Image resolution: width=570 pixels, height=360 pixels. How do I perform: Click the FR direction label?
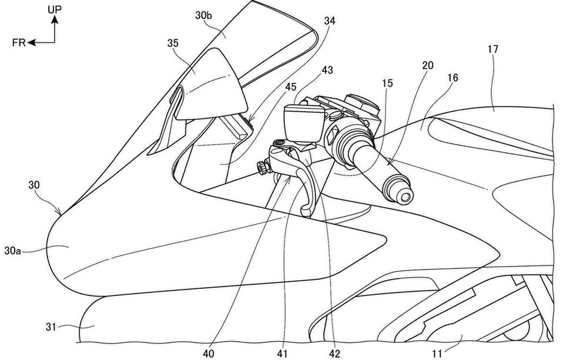click(x=19, y=42)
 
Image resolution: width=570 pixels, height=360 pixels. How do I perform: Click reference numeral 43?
click(x=326, y=69)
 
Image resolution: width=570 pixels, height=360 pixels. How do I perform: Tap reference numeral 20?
click(x=427, y=65)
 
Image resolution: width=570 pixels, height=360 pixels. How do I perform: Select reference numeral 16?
click(x=452, y=78)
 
